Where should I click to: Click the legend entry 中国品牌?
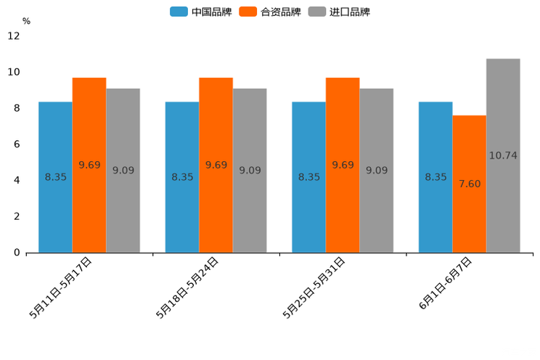click(x=201, y=12)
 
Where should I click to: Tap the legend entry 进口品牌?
click(x=339, y=12)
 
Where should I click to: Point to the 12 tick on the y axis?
click(x=14, y=36)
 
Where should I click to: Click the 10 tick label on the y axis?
click(x=14, y=72)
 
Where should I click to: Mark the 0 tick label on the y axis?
click(x=17, y=253)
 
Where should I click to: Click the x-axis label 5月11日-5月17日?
click(x=61, y=287)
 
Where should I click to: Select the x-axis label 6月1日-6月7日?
click(x=446, y=284)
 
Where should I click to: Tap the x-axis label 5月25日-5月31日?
click(x=314, y=287)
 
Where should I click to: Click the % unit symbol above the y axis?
click(x=26, y=21)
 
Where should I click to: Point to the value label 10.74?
click(x=503, y=155)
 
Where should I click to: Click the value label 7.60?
click(x=470, y=184)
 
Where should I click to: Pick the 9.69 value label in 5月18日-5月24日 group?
click(x=216, y=165)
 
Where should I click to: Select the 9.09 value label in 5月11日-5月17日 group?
click(x=123, y=171)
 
